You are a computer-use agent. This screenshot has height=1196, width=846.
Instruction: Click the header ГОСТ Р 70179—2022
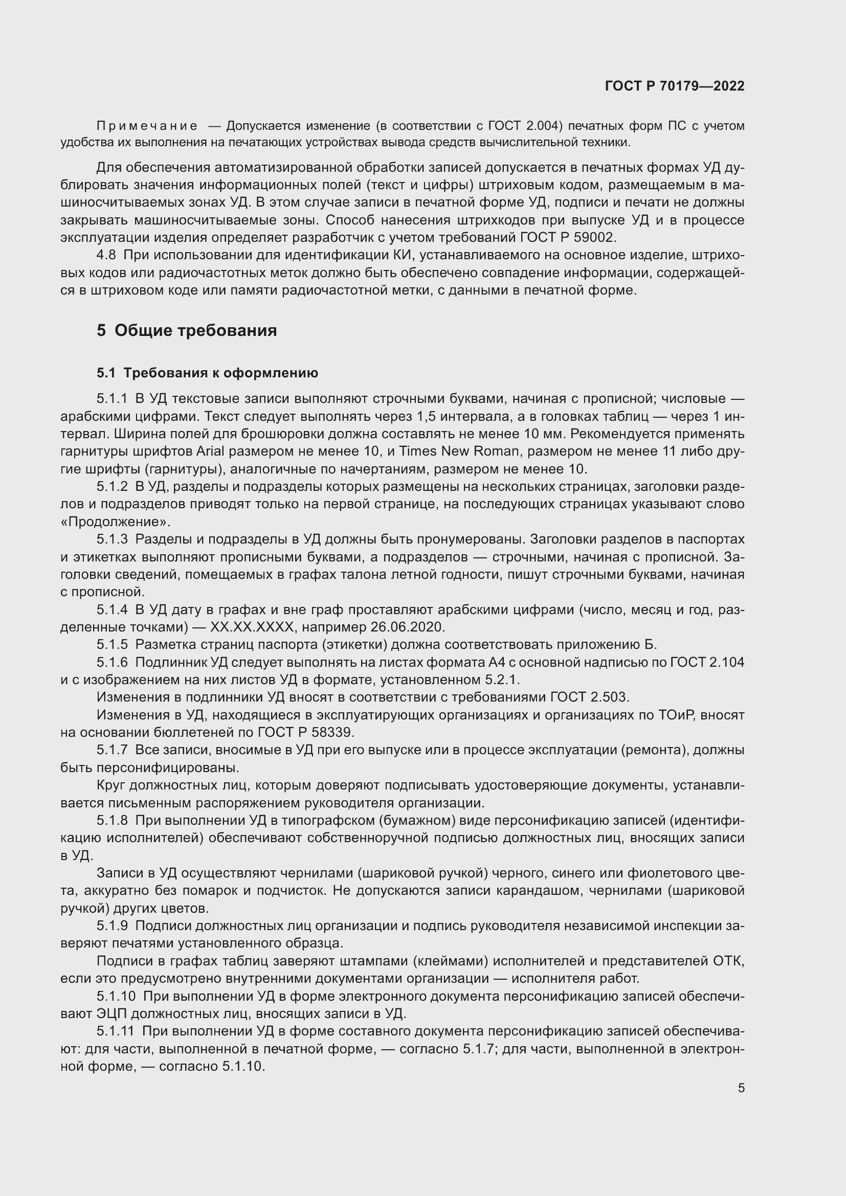tap(674, 86)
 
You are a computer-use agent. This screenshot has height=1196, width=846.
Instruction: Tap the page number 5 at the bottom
tap(741, 1088)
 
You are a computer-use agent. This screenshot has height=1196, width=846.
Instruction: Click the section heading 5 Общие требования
tap(187, 330)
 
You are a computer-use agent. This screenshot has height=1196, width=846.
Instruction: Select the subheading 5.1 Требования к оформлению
tap(207, 372)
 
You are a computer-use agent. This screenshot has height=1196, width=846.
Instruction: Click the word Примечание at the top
tap(147, 126)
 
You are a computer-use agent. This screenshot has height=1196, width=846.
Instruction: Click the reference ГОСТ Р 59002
tap(568, 238)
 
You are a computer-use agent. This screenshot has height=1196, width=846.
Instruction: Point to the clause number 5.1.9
tap(112, 926)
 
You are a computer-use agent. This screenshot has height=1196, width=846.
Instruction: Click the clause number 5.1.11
tap(115, 1031)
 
